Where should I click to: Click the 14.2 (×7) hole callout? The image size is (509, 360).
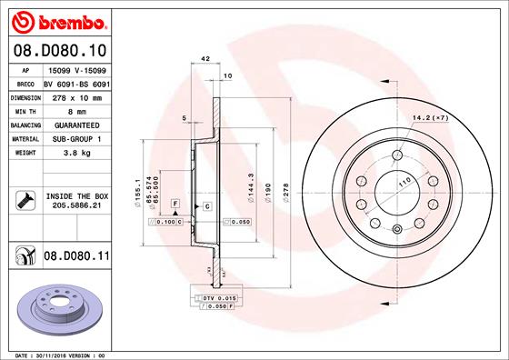coord(431,118)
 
